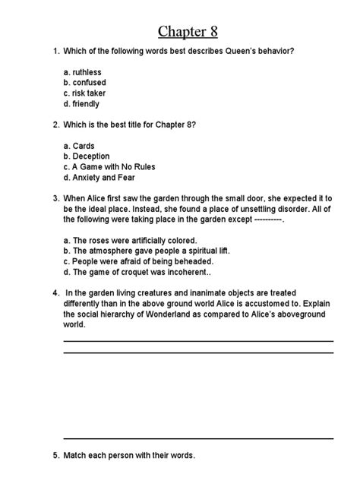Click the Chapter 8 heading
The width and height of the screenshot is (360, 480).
click(x=191, y=30)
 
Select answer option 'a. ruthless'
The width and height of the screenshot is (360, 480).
click(x=82, y=72)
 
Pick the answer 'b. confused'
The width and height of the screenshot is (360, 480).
click(x=85, y=83)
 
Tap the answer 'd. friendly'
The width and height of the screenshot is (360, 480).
click(x=81, y=104)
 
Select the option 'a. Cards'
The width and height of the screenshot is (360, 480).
click(x=79, y=146)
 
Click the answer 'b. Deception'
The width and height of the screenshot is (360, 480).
click(x=87, y=156)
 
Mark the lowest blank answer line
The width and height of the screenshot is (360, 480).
click(x=198, y=438)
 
